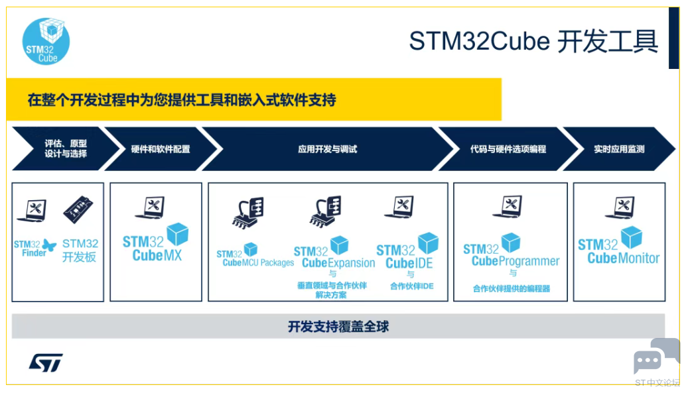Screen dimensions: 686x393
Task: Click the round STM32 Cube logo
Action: click(x=46, y=41)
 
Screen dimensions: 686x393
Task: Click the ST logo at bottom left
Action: click(x=46, y=363)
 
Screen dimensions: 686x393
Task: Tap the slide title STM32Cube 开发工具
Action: click(x=533, y=41)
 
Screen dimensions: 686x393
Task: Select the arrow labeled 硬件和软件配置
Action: click(x=161, y=148)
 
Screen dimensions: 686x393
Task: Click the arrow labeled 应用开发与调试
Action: click(x=327, y=148)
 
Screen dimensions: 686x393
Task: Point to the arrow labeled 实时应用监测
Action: click(x=619, y=148)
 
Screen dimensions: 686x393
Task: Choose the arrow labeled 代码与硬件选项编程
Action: click(x=508, y=148)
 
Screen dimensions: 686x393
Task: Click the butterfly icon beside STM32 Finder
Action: click(x=49, y=246)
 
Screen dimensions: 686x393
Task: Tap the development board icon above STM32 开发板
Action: click(x=78, y=209)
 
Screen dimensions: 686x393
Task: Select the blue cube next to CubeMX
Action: click(x=178, y=234)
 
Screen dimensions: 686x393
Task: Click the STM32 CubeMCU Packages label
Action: click(x=255, y=258)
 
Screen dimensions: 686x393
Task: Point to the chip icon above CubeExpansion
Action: click(x=325, y=211)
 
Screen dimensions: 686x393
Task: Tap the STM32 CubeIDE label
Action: click(x=405, y=256)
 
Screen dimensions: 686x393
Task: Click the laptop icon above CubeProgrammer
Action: click(x=508, y=206)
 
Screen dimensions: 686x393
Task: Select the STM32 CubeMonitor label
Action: click(x=618, y=251)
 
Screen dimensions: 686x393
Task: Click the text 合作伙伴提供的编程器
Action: click(x=512, y=288)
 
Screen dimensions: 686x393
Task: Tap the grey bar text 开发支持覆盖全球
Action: click(x=338, y=327)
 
